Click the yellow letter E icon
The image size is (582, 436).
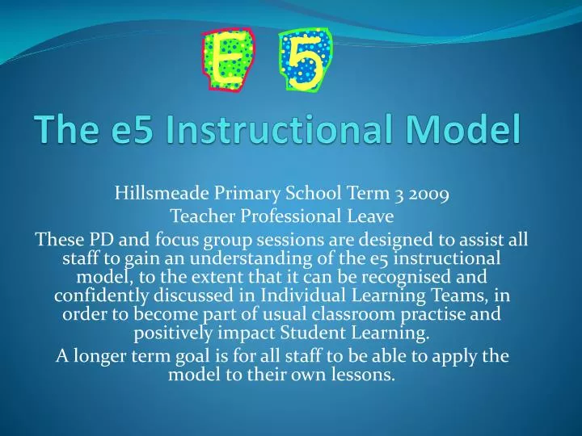(230, 60)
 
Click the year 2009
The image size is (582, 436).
(428, 194)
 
